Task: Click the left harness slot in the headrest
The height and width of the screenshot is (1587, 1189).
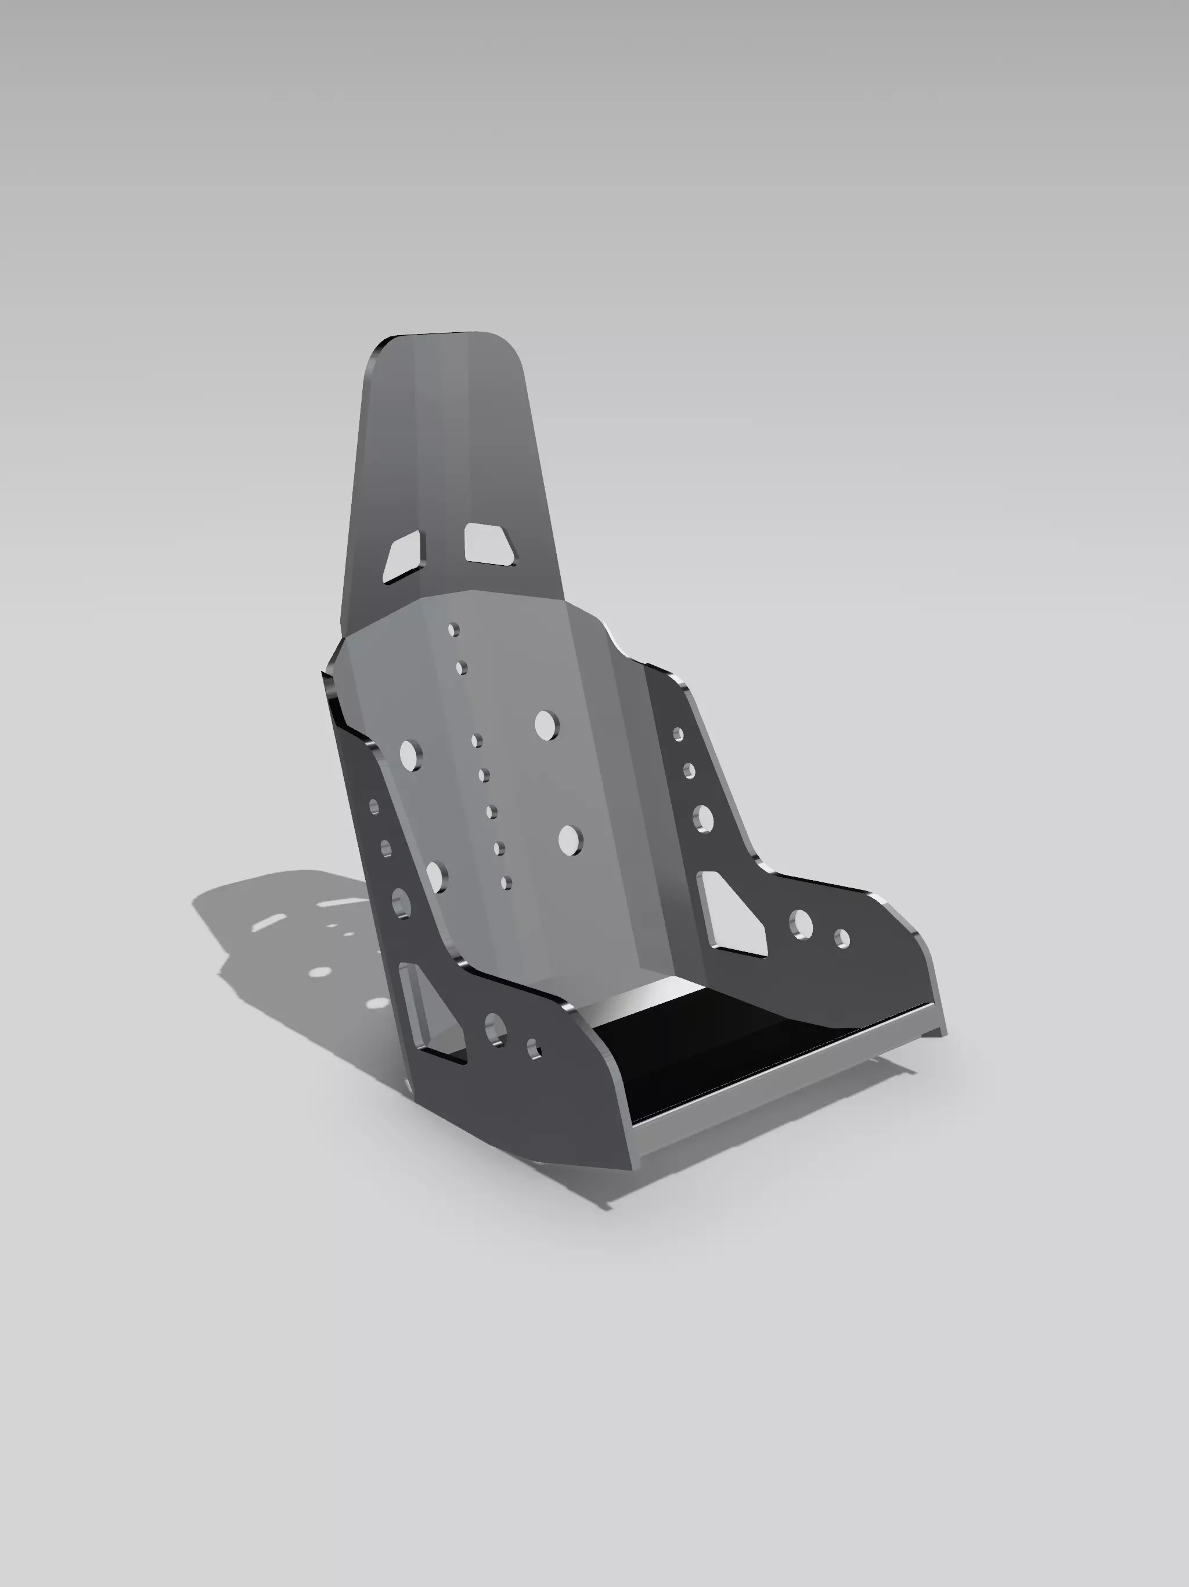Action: click(x=403, y=558)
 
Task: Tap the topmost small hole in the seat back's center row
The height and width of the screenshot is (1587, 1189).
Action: click(x=453, y=630)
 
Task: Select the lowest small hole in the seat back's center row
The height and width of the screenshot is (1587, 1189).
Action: click(x=506, y=882)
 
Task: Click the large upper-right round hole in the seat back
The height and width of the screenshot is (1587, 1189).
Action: click(x=546, y=726)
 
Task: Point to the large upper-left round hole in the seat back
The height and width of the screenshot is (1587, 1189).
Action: click(x=410, y=756)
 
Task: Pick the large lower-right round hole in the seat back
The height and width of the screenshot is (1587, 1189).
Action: click(x=570, y=839)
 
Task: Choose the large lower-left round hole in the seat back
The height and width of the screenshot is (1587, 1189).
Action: click(x=436, y=877)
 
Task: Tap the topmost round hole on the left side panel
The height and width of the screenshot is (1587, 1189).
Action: click(x=374, y=806)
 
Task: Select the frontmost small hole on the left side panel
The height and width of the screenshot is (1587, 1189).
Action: click(x=534, y=1049)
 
